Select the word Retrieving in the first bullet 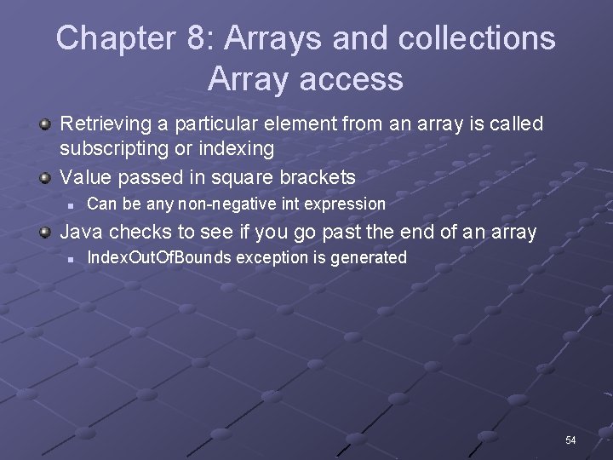(106, 124)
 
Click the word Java (82, 232)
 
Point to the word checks (137, 232)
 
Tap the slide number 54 (570, 440)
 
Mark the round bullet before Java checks (44, 232)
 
